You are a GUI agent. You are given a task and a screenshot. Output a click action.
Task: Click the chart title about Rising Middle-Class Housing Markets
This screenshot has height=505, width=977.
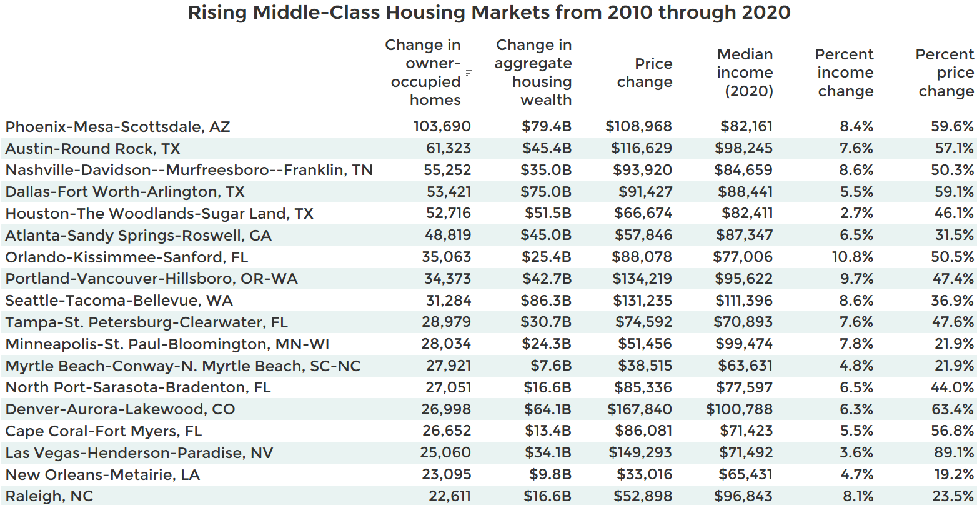click(488, 12)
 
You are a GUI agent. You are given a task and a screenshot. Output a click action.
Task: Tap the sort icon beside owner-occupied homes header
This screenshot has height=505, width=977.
click(469, 73)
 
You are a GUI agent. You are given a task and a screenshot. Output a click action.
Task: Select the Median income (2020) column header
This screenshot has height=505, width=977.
click(745, 72)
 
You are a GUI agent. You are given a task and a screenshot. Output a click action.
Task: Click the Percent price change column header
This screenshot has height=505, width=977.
click(945, 72)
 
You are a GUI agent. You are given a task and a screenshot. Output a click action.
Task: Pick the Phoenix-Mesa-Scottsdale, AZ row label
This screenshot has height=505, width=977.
click(117, 127)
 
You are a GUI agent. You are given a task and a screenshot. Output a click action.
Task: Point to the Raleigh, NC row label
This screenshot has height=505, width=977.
click(49, 496)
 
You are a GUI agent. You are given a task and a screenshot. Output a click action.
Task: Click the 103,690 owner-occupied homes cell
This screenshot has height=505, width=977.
click(442, 126)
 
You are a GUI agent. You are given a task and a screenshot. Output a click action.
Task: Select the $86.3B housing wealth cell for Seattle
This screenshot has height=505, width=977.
click(546, 301)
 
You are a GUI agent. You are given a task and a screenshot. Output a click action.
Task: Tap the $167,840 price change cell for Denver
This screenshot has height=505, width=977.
click(640, 409)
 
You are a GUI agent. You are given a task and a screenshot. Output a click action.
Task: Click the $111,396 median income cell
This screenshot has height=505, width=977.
click(743, 301)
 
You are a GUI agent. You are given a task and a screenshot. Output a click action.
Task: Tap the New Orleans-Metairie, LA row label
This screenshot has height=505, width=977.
click(102, 475)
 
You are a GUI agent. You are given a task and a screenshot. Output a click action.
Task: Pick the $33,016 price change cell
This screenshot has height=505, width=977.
click(645, 474)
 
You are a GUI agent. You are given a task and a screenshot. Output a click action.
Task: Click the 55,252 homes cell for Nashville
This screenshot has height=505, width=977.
click(447, 170)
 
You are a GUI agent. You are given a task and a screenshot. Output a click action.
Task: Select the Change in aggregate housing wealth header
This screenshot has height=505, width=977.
click(533, 72)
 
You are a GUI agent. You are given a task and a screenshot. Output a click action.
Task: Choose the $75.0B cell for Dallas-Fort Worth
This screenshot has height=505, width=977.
click(546, 192)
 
